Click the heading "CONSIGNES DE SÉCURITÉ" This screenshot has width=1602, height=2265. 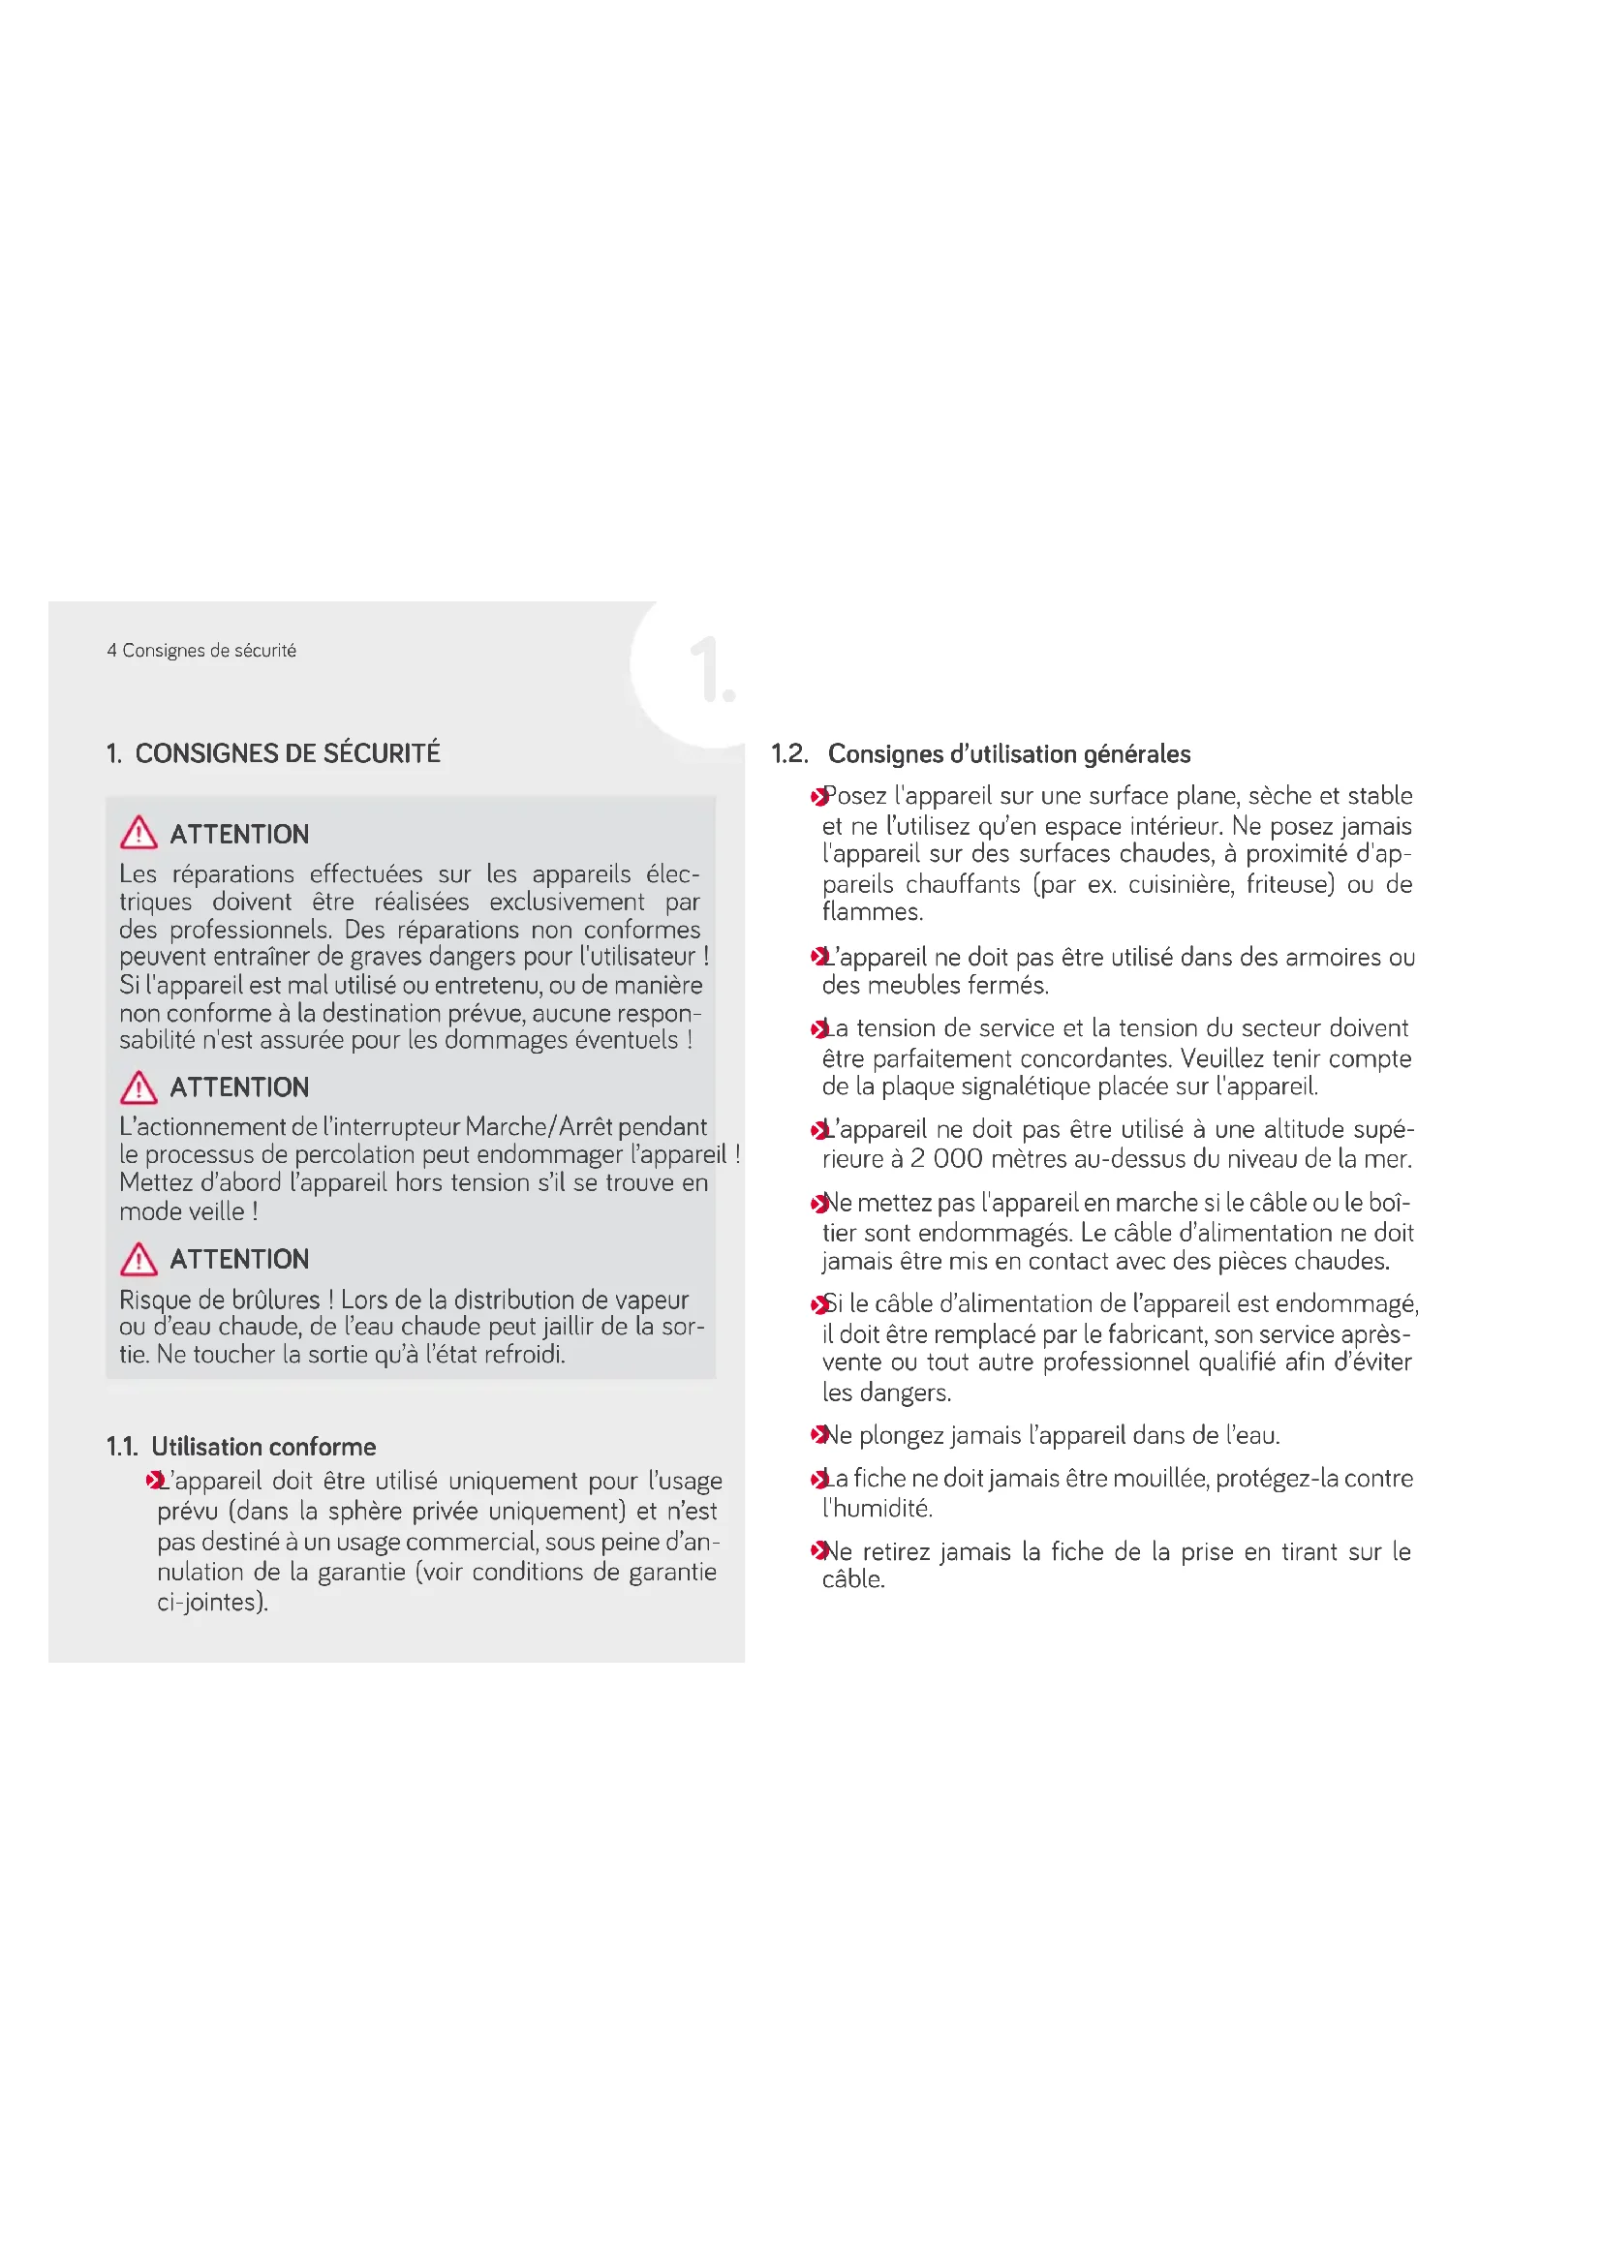pos(287,753)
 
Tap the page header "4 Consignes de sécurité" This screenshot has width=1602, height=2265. pos(201,650)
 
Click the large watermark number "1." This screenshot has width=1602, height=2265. pos(711,670)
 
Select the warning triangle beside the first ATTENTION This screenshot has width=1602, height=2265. pos(139,833)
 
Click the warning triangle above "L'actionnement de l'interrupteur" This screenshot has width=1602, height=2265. pos(139,1087)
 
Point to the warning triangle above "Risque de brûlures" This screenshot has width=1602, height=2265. pos(139,1259)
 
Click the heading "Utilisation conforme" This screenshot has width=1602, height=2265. pos(263,1446)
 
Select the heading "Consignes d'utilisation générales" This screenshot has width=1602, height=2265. pos(1008,753)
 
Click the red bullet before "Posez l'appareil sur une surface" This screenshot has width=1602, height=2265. pos(817,796)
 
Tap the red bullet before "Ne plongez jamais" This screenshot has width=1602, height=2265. pos(817,1434)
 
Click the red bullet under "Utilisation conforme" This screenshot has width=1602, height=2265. pos(153,1481)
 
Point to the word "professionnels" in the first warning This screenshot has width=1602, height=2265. pos(250,930)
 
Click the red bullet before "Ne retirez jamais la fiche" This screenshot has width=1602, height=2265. pos(817,1550)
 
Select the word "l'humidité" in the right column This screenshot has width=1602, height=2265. pos(877,1508)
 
